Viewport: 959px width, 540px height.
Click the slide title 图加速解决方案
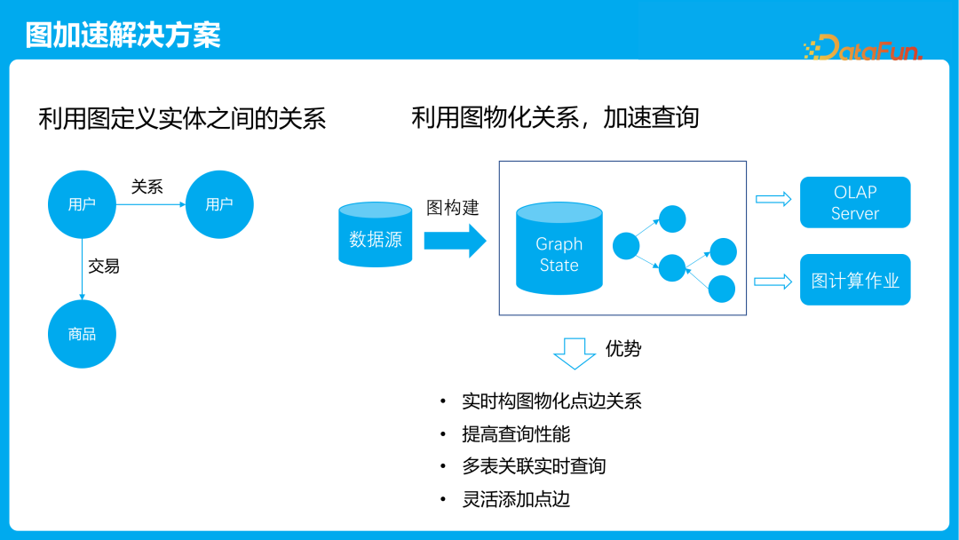(123, 35)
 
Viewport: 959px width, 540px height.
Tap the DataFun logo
(862, 48)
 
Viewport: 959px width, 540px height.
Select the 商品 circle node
(83, 334)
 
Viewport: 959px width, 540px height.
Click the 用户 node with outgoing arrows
(83, 204)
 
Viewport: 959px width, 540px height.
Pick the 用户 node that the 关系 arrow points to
(219, 204)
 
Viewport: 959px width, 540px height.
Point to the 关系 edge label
(147, 187)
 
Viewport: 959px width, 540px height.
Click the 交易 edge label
(104, 266)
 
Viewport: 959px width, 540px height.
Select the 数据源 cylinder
(376, 235)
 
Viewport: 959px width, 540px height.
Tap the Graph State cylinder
(559, 251)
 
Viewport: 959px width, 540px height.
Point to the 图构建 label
(453, 208)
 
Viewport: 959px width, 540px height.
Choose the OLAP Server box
(855, 202)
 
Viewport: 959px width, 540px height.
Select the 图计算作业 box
(855, 281)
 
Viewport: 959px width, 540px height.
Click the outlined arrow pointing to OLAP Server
(773, 199)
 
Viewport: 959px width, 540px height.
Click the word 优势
(623, 348)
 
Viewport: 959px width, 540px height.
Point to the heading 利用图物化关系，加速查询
(555, 117)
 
